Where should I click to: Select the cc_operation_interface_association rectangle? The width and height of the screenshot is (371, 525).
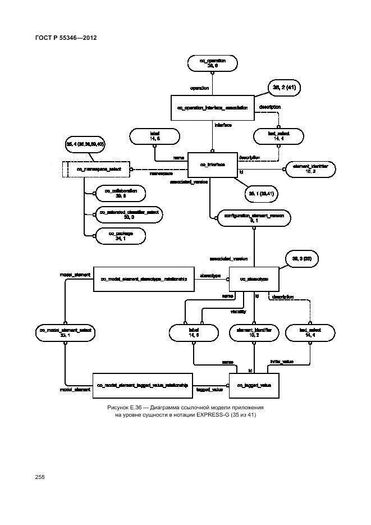(x=212, y=107)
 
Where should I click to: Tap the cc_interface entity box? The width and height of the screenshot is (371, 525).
(x=212, y=165)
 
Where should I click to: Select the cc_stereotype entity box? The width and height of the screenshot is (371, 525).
(x=254, y=279)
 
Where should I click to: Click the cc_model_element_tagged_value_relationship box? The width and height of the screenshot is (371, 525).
(x=143, y=385)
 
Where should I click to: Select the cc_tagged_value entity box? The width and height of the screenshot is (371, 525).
(x=254, y=385)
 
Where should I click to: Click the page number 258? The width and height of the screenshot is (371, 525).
(x=40, y=477)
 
